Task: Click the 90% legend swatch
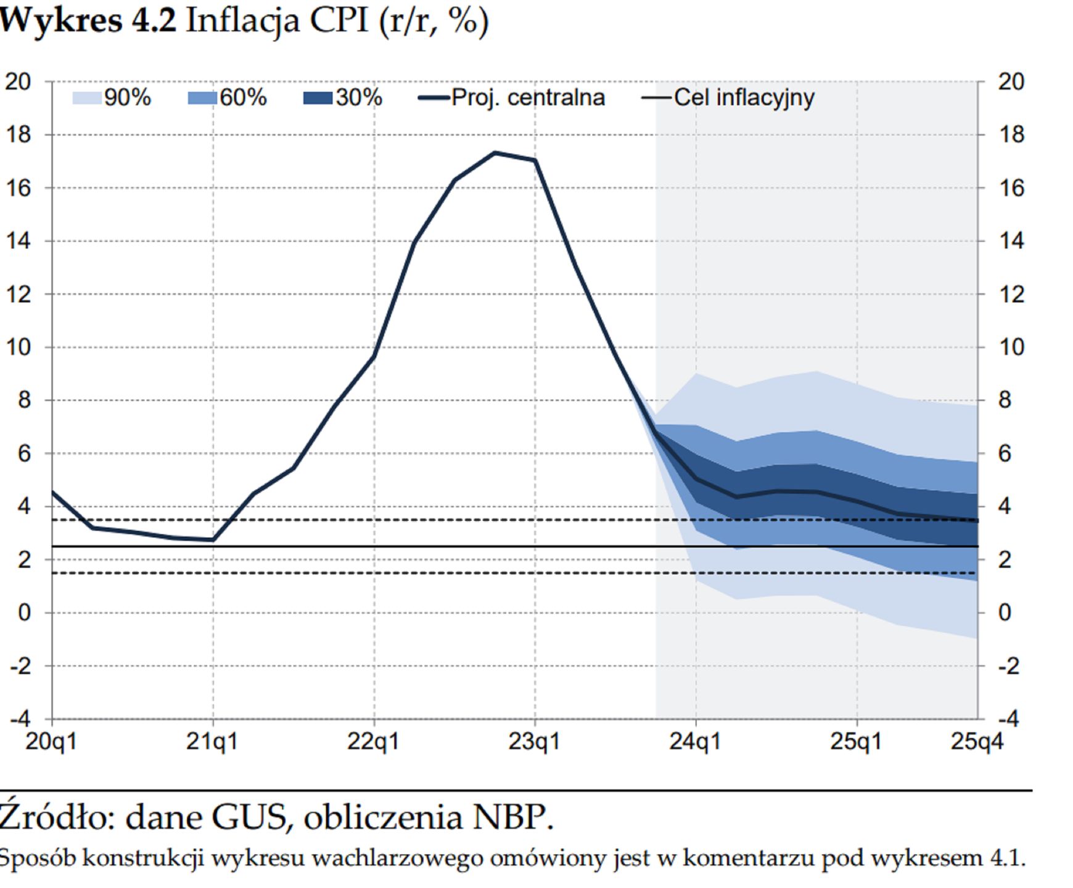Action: (x=86, y=98)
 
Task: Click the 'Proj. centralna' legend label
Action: (x=528, y=98)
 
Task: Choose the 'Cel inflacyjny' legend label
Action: (x=744, y=98)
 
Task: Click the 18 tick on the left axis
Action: (x=18, y=134)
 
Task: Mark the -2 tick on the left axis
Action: (x=21, y=666)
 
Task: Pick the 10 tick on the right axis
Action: (x=1011, y=347)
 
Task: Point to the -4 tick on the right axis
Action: (x=1008, y=719)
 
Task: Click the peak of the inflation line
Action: (x=495, y=152)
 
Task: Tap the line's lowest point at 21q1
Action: (x=213, y=540)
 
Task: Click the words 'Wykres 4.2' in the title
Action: (x=88, y=21)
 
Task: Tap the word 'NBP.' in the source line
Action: (x=513, y=818)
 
